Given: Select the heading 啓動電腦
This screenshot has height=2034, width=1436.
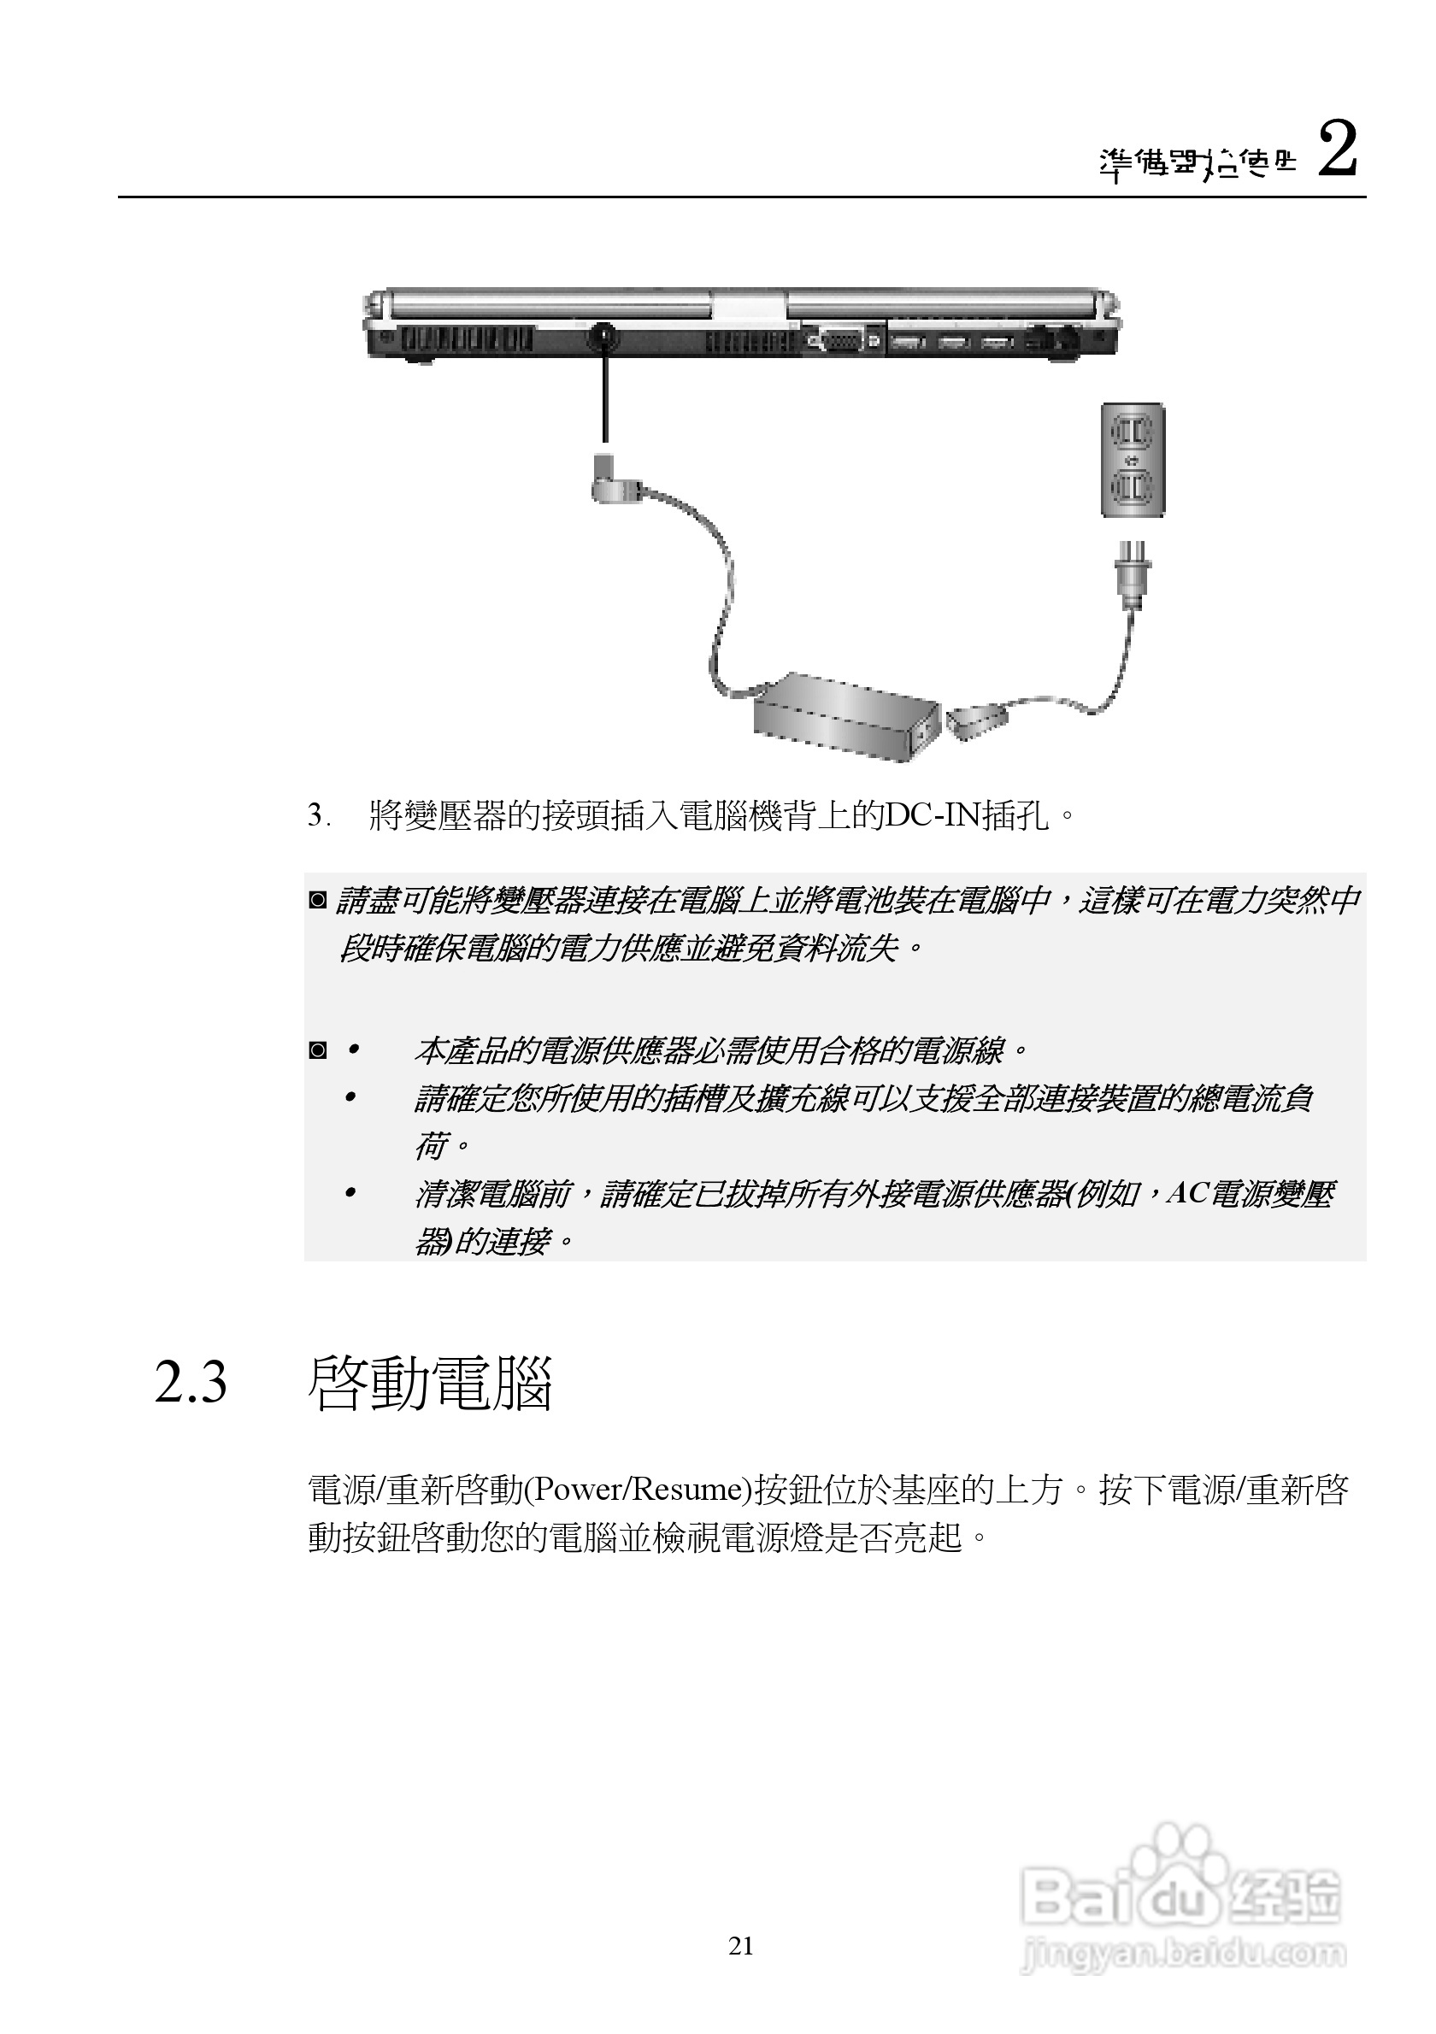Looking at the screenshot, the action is coord(431,1383).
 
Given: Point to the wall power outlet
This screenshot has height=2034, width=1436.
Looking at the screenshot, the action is coord(1133,460).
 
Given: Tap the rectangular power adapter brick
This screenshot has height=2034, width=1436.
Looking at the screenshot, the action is coord(845,718).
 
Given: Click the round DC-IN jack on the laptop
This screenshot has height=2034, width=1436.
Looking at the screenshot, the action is coord(604,337).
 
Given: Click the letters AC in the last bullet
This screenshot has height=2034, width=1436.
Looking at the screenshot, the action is coord(1187,1194).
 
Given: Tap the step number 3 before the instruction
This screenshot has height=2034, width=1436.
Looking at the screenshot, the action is coord(315,816).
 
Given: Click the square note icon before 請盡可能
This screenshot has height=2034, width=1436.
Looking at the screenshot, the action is coord(317,901).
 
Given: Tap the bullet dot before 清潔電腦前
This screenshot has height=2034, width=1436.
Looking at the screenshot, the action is coord(350,1193).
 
